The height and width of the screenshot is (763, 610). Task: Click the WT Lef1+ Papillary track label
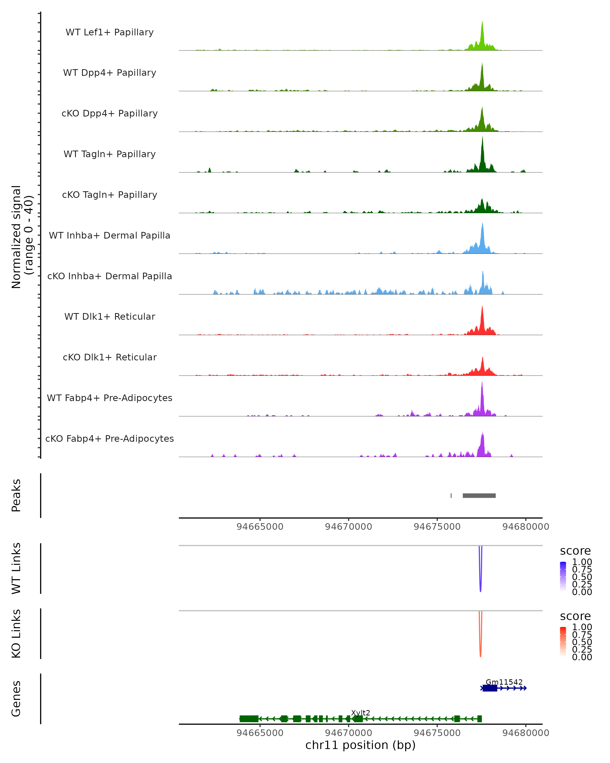point(110,32)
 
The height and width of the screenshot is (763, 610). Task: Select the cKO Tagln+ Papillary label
point(110,195)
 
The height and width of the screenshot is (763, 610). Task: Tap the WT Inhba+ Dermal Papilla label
point(110,235)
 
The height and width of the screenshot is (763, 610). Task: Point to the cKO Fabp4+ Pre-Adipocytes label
point(110,438)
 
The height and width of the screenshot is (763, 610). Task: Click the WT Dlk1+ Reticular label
point(110,316)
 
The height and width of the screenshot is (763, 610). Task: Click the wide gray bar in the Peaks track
point(479,495)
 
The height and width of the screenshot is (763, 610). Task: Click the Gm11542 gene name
point(504,682)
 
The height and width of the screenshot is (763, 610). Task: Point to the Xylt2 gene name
point(360,713)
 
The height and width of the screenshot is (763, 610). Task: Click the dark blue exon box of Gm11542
point(490,688)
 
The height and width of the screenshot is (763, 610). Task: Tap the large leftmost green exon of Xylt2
point(249,719)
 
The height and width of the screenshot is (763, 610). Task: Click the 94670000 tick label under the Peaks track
point(348,527)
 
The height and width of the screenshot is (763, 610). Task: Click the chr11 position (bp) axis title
point(360,745)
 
